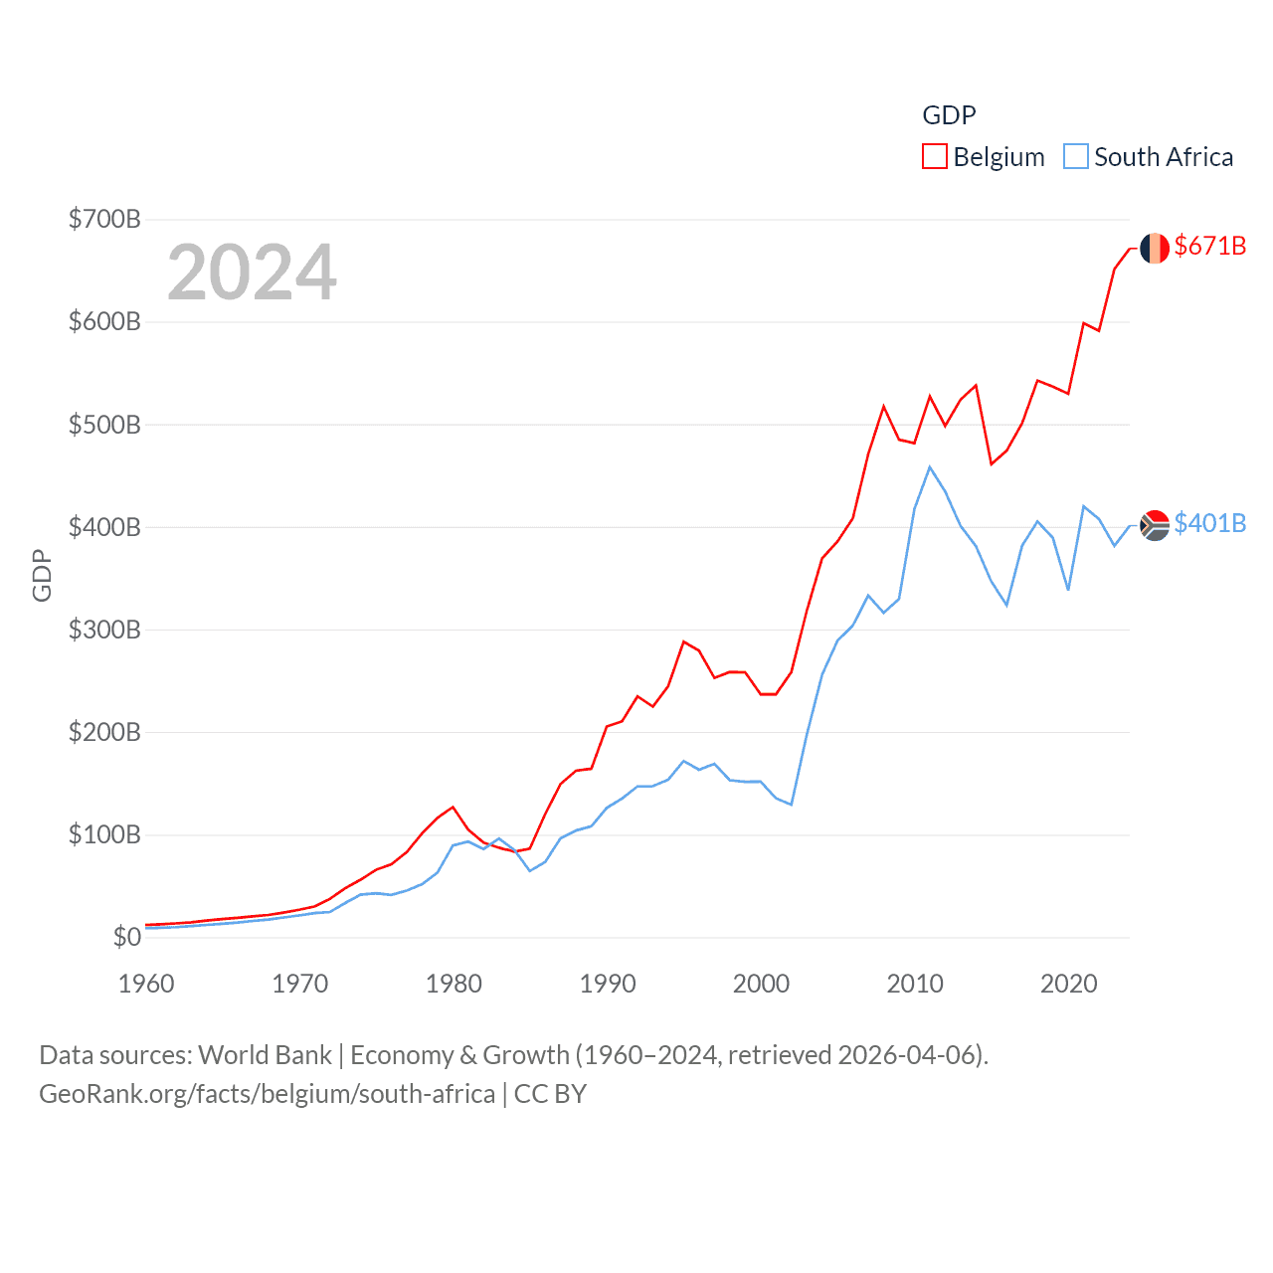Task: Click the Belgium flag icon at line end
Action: (x=1154, y=249)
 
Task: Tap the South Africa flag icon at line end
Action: (x=1154, y=525)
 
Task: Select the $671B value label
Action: (x=1209, y=246)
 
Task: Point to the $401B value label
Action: (x=1209, y=523)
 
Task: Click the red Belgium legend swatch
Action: (x=935, y=157)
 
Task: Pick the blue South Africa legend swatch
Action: (x=1075, y=157)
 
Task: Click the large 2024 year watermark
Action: (x=252, y=273)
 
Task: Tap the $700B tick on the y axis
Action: (x=104, y=219)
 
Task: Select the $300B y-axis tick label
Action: (x=104, y=630)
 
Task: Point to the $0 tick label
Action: (x=126, y=937)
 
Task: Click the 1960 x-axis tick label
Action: (x=146, y=984)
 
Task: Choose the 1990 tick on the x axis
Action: (x=608, y=984)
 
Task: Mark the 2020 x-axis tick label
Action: (x=1068, y=984)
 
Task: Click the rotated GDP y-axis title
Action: (x=42, y=575)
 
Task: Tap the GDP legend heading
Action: (x=949, y=115)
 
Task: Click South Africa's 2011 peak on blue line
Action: (x=930, y=466)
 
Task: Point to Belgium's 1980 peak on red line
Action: (x=453, y=807)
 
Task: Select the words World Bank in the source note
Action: (x=265, y=1054)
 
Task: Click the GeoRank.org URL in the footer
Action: (x=267, y=1094)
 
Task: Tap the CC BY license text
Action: (x=550, y=1094)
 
